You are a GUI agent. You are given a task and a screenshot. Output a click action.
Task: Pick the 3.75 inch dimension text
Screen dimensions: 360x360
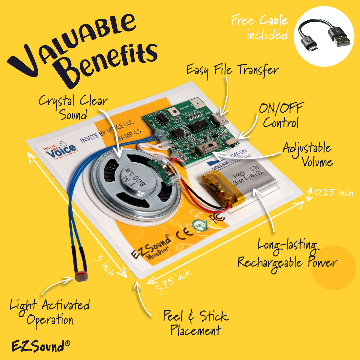click(173, 282)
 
